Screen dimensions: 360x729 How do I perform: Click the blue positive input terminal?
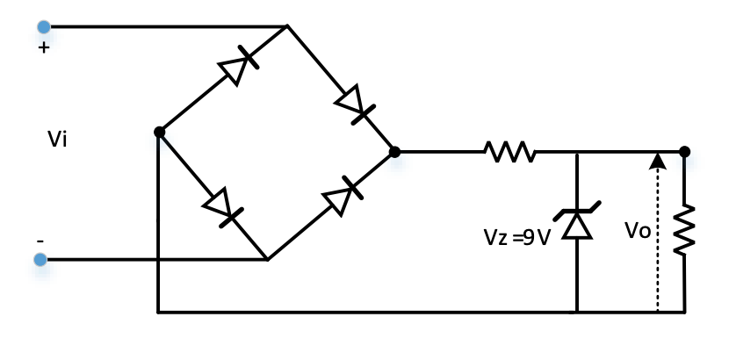pos(44,27)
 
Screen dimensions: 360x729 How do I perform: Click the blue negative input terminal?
pos(40,259)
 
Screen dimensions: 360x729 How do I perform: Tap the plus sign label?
pos(44,48)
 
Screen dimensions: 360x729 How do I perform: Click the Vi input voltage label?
pos(57,139)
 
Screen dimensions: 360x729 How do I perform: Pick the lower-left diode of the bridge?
pos(220,207)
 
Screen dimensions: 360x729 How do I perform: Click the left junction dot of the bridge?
pos(159,132)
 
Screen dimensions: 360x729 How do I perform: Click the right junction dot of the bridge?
pos(394,152)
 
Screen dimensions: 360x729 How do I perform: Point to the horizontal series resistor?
pos(509,152)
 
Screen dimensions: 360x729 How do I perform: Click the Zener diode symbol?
pos(576,222)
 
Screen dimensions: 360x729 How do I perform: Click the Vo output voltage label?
pos(638,231)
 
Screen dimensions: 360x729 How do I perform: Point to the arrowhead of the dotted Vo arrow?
pos(657,160)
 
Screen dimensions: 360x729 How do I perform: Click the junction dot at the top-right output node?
pos(684,152)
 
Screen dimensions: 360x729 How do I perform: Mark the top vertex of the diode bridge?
pos(287,26)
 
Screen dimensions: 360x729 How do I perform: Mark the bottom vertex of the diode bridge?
pos(267,260)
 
